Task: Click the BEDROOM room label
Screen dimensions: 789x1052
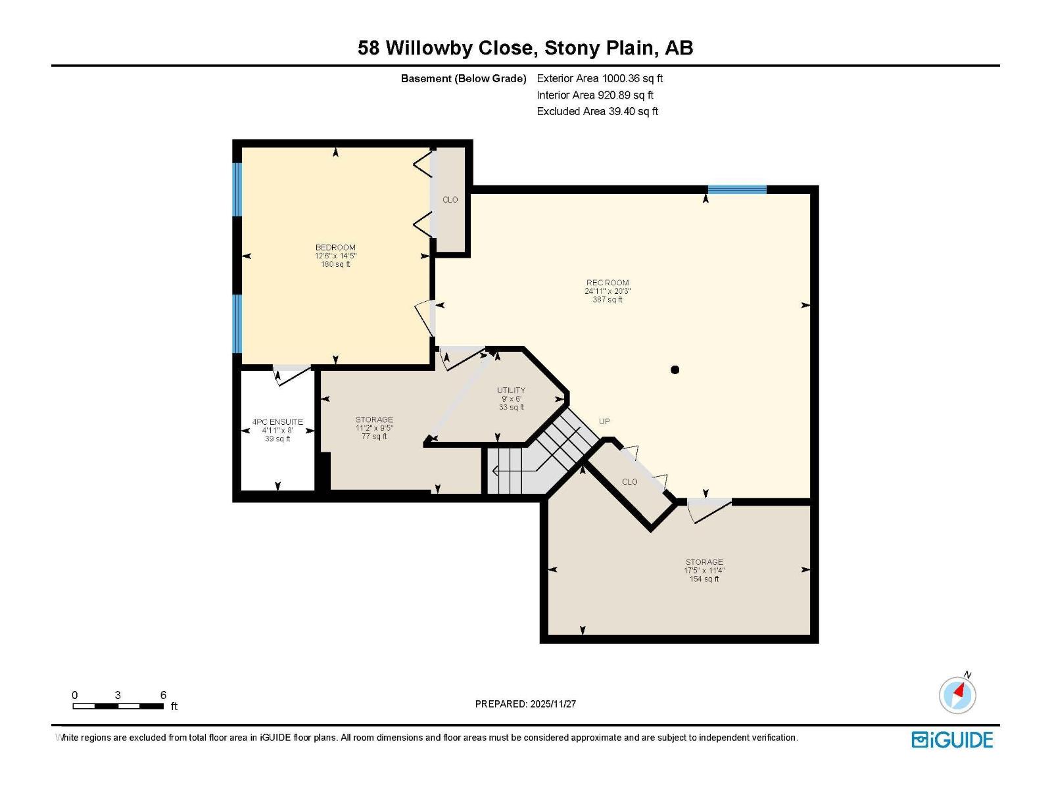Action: (x=335, y=248)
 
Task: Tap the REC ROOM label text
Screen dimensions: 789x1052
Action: (x=608, y=283)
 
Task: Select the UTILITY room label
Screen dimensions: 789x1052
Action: (x=511, y=391)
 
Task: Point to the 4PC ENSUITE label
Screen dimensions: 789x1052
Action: (x=277, y=422)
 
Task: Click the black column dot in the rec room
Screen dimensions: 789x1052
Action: (x=675, y=370)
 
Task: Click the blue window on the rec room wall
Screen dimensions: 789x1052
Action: (x=737, y=190)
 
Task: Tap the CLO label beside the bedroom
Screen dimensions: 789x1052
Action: (x=450, y=200)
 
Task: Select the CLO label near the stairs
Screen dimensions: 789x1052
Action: (x=629, y=482)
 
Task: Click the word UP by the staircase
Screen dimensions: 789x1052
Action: (x=604, y=421)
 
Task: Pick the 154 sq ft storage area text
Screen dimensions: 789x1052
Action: (x=704, y=579)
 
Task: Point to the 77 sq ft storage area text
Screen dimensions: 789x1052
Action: (x=374, y=437)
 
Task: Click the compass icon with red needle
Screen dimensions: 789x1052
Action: (x=957, y=695)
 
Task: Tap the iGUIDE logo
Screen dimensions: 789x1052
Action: (x=952, y=740)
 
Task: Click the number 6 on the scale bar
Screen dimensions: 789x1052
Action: (x=163, y=695)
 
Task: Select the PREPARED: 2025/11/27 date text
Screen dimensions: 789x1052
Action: (x=525, y=704)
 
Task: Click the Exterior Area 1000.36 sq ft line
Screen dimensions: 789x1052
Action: (x=600, y=79)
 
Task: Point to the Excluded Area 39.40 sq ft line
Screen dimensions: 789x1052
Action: (x=597, y=112)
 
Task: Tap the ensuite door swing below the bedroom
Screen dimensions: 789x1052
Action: (x=291, y=375)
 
